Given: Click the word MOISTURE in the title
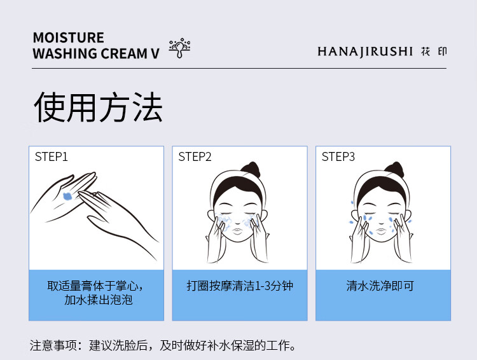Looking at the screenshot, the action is pyautogui.click(x=69, y=38).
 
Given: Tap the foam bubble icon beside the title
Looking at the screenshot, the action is pyautogui.click(x=179, y=48).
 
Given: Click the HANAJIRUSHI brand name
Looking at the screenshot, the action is pyautogui.click(x=365, y=52).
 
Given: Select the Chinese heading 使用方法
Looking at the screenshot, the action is pyautogui.click(x=98, y=107).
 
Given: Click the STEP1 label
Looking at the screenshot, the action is pyautogui.click(x=51, y=156).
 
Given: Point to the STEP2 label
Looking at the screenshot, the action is pyautogui.click(x=195, y=156).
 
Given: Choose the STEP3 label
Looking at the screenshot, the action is pyautogui.click(x=338, y=156).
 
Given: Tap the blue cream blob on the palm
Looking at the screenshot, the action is pyautogui.click(x=67, y=197).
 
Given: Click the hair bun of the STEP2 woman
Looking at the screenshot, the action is pyautogui.click(x=251, y=169).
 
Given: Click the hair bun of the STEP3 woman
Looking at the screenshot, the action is pyautogui.click(x=394, y=169).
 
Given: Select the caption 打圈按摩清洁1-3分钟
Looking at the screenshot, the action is pyautogui.click(x=240, y=286).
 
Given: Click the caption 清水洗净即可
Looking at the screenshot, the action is pyautogui.click(x=380, y=286).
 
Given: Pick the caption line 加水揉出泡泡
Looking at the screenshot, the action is pyautogui.click(x=98, y=300).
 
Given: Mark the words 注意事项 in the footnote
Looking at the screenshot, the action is pyautogui.click(x=53, y=345).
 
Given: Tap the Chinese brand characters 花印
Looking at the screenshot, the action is pyautogui.click(x=434, y=52).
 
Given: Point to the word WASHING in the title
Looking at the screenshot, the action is pyautogui.click(x=65, y=53).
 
